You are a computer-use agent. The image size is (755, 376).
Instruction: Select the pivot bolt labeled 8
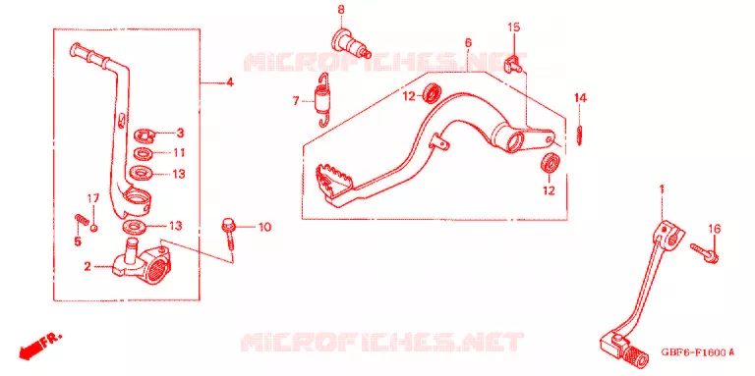click(349, 43)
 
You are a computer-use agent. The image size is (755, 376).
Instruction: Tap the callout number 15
click(514, 27)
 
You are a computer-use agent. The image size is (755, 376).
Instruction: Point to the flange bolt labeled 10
click(229, 233)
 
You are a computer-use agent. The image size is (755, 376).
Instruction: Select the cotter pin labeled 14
click(580, 134)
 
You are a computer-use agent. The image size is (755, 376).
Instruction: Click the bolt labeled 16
click(705, 253)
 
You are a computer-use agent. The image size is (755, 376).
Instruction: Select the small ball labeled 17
click(94, 228)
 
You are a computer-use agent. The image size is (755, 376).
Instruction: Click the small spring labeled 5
click(81, 220)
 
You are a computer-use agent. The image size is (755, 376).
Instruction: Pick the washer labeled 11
click(144, 154)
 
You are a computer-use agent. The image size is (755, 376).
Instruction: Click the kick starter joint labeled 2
click(139, 261)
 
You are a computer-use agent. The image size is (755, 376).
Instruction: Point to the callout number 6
click(469, 43)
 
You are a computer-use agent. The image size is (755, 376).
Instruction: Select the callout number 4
click(230, 82)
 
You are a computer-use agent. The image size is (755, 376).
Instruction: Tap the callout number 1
click(662, 188)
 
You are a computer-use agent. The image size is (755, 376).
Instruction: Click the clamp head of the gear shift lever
click(669, 233)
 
